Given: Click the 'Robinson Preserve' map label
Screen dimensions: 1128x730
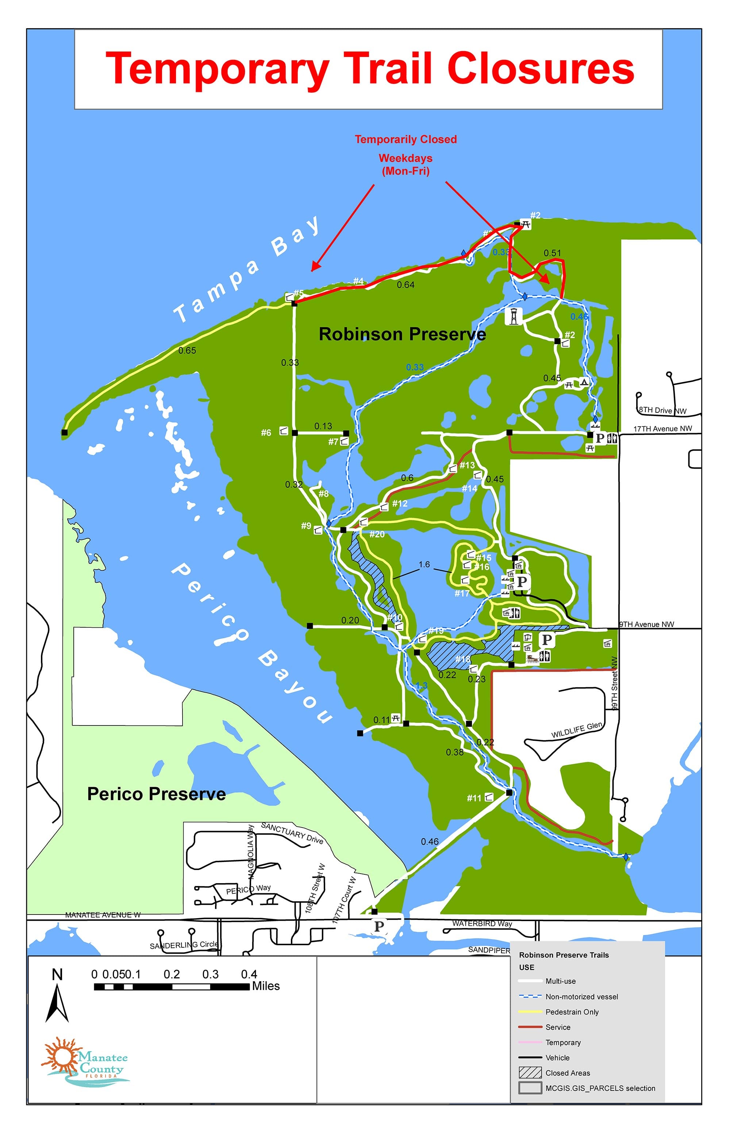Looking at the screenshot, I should (x=402, y=334).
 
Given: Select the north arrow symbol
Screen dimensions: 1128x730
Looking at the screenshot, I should (x=57, y=1003).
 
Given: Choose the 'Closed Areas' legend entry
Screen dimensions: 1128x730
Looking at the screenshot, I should (x=568, y=1073).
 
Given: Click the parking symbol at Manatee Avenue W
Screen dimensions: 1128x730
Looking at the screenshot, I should (x=379, y=926).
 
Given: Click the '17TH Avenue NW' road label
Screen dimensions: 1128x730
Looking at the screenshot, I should (x=662, y=429).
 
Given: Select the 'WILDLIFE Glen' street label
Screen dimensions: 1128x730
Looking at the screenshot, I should (x=576, y=730).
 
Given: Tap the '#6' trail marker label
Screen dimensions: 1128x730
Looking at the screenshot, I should (x=266, y=433).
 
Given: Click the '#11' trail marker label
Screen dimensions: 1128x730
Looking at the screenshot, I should (x=474, y=798).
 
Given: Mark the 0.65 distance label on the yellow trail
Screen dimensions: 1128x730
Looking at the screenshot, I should (x=187, y=351).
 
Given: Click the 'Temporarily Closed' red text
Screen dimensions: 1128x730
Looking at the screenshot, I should (x=406, y=139).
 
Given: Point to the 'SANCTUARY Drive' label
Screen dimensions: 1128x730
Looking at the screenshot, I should (x=292, y=833).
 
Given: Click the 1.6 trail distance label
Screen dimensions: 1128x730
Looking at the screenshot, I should (x=424, y=565).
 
